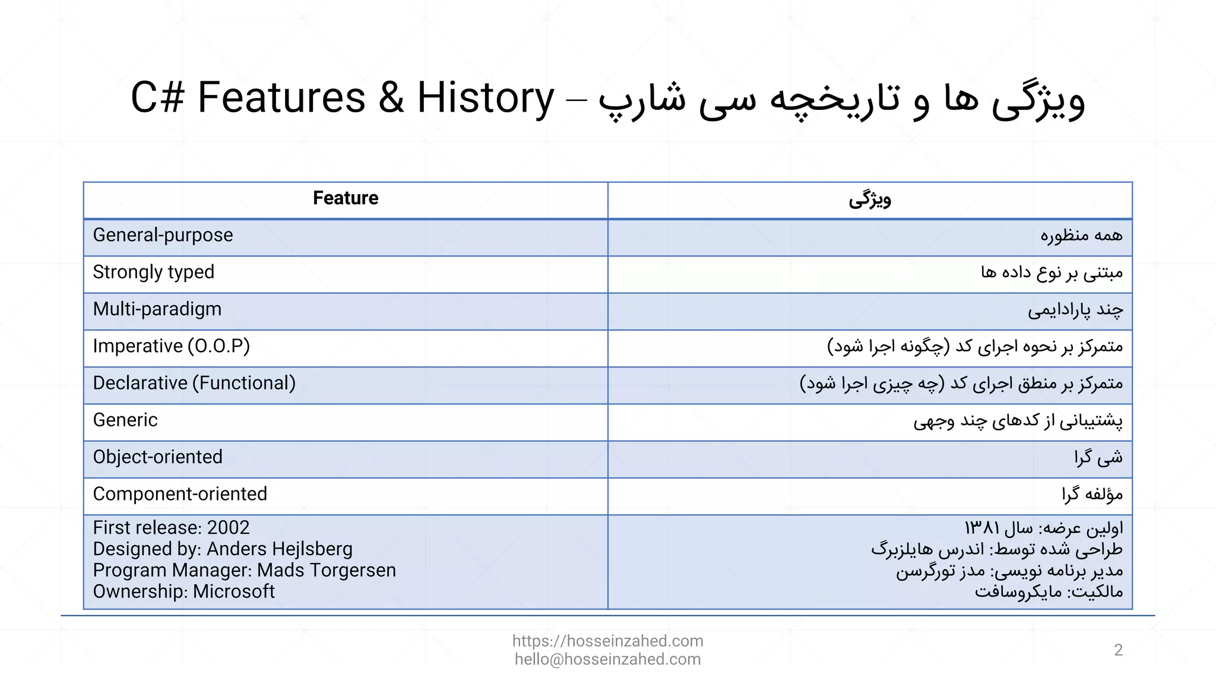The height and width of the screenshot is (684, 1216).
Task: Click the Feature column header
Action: [346, 198]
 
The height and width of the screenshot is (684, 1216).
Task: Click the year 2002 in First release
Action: [228, 528]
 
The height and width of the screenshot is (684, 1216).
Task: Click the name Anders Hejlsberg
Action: [279, 549]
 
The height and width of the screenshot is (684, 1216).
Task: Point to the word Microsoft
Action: [233, 592]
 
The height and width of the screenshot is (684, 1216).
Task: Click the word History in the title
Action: [485, 98]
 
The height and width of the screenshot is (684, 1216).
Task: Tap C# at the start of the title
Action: [157, 98]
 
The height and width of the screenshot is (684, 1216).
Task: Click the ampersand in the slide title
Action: [391, 98]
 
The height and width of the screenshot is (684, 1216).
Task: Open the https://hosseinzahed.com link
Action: [607, 641]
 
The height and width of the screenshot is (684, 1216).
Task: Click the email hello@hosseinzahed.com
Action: [607, 660]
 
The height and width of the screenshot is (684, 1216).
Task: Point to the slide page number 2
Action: [1119, 651]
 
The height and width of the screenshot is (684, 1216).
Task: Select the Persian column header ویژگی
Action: [870, 199]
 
